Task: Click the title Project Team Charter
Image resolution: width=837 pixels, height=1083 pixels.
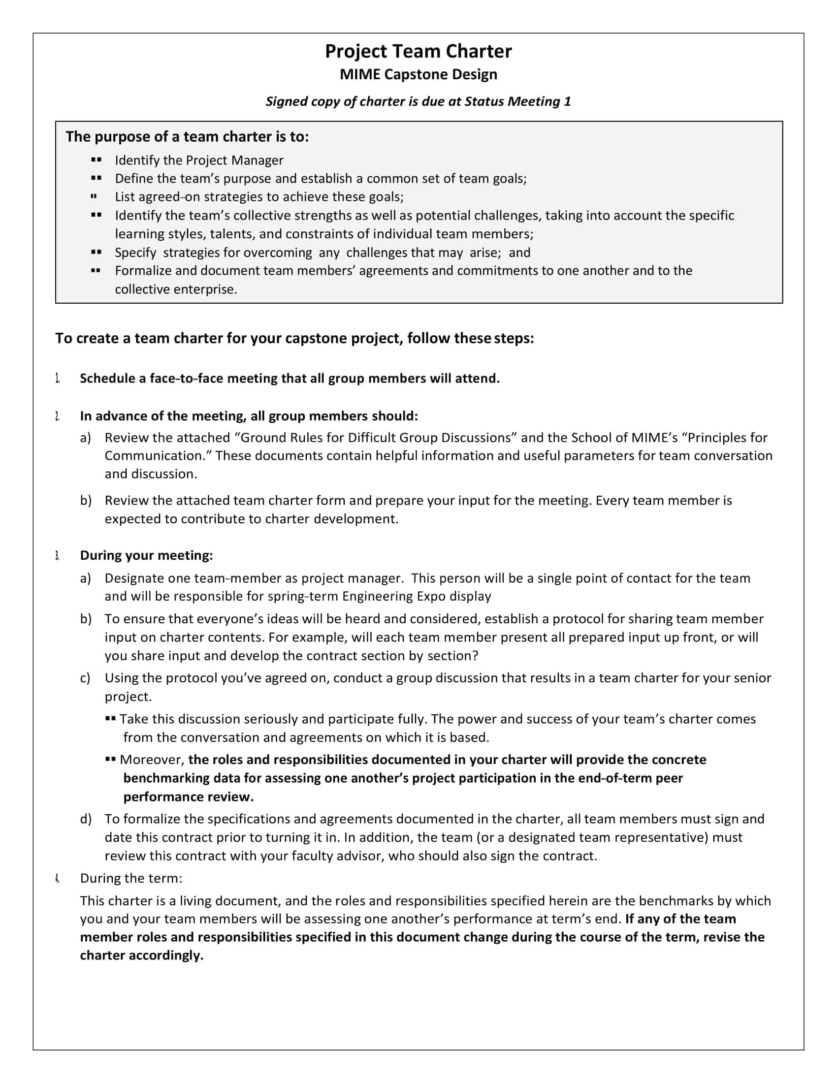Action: click(x=418, y=51)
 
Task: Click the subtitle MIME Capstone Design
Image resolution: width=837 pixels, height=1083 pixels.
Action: click(x=418, y=74)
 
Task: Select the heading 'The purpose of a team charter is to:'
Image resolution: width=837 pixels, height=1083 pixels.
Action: click(x=187, y=136)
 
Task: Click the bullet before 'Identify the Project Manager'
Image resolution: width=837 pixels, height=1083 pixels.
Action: click(x=96, y=159)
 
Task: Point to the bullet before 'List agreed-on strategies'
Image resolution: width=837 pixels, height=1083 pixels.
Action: click(x=94, y=197)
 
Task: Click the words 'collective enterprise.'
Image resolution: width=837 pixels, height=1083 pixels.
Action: click(x=176, y=289)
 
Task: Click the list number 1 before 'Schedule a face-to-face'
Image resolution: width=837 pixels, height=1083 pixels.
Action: click(x=58, y=379)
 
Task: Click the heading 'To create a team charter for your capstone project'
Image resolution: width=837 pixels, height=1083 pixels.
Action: click(x=294, y=338)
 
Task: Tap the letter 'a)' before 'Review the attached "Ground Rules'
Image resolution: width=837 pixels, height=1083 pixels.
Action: click(x=85, y=437)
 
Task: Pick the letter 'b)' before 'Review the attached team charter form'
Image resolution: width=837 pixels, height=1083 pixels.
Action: click(x=85, y=500)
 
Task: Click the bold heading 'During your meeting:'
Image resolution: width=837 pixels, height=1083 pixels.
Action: click(x=146, y=555)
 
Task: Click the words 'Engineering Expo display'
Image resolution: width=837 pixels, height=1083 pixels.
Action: click(x=417, y=596)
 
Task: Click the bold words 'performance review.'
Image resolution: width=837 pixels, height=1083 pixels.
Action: click(x=189, y=796)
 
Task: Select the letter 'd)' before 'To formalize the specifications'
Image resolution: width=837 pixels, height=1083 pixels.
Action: click(x=85, y=819)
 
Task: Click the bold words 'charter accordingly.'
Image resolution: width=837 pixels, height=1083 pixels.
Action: click(x=142, y=955)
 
